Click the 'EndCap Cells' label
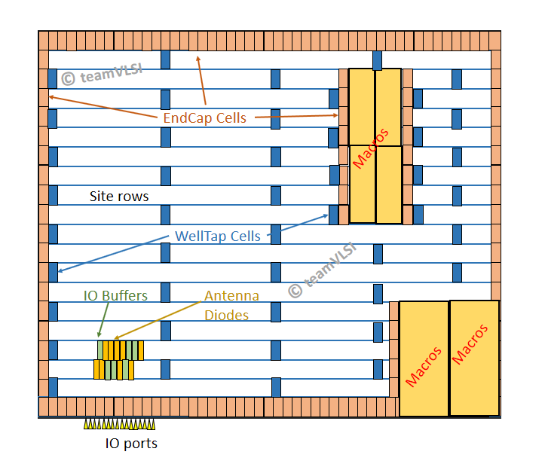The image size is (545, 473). pyautogui.click(x=205, y=118)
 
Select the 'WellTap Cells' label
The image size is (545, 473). pyautogui.click(x=218, y=236)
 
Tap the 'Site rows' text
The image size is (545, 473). pyautogui.click(x=119, y=197)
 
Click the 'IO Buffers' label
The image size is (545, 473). pyautogui.click(x=115, y=296)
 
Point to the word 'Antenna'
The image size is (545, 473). pyautogui.click(x=231, y=296)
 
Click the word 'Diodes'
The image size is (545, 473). pyautogui.click(x=226, y=316)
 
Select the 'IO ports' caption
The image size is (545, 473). pyautogui.click(x=131, y=444)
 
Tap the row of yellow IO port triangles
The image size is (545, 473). pyautogui.click(x=119, y=424)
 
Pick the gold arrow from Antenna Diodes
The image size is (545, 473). pyautogui.click(x=158, y=320)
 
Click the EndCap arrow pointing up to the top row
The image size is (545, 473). pyautogui.click(x=201, y=81)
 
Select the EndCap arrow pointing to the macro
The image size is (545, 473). pyautogui.click(x=296, y=116)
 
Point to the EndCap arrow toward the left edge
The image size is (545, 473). pyautogui.click(x=103, y=107)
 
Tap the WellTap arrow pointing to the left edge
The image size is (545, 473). pyautogui.click(x=113, y=254)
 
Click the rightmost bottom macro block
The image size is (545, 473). pyautogui.click(x=475, y=358)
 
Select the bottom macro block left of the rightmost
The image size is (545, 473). pyautogui.click(x=424, y=359)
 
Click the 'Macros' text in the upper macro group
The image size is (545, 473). pyautogui.click(x=371, y=148)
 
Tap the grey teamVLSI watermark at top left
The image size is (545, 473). pyautogui.click(x=102, y=75)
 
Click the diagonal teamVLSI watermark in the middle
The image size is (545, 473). pyautogui.click(x=323, y=270)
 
